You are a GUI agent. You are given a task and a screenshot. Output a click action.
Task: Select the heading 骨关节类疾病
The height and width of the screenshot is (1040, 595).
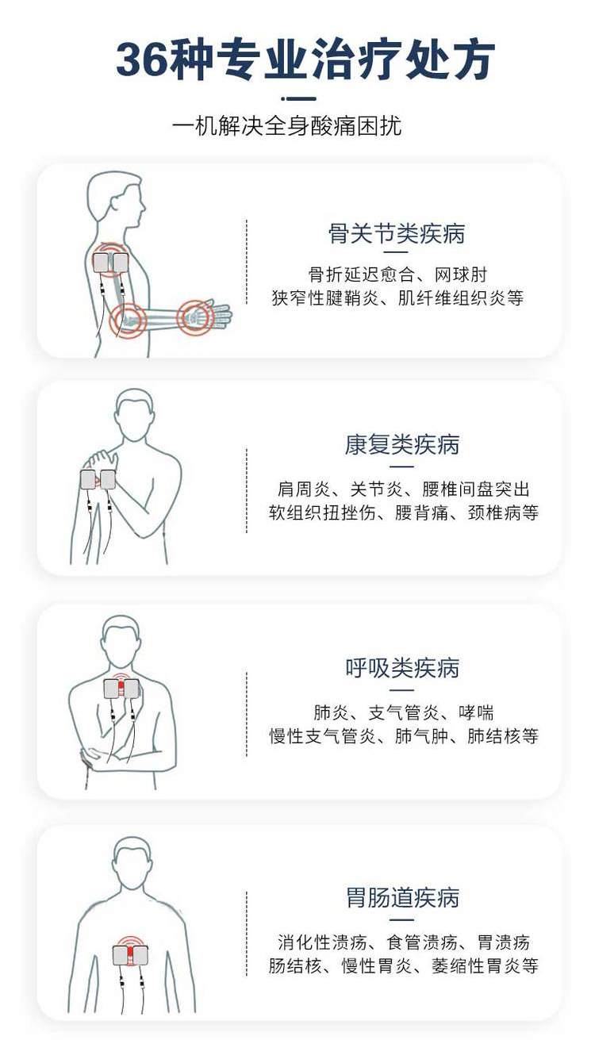pyautogui.click(x=397, y=233)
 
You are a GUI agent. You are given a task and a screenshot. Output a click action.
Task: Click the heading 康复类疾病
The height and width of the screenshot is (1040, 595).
pyautogui.click(x=402, y=444)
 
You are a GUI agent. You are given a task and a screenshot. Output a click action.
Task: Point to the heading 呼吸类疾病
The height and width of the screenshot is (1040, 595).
pyautogui.click(x=402, y=668)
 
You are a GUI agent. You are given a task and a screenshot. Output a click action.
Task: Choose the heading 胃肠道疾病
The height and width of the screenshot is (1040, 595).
pyautogui.click(x=402, y=898)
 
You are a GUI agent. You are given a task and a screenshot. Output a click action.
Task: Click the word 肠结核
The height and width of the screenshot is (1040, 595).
pyautogui.click(x=292, y=966)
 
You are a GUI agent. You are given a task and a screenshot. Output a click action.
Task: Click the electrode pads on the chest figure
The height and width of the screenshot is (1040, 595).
pyautogui.click(x=121, y=689)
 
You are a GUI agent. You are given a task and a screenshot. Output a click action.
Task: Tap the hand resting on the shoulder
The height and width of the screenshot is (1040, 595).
pyautogui.click(x=102, y=460)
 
